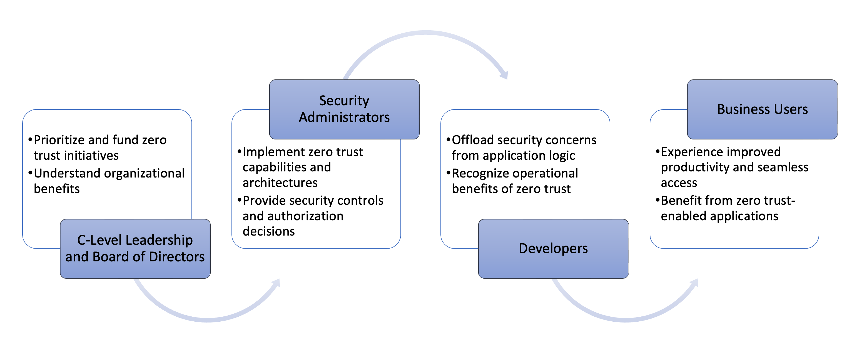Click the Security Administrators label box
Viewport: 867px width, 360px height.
click(x=344, y=109)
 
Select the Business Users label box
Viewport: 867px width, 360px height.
click(x=762, y=109)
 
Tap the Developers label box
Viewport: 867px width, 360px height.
click(x=553, y=248)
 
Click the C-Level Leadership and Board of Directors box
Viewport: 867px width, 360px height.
click(x=135, y=248)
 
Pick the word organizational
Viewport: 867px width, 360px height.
click(x=147, y=173)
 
